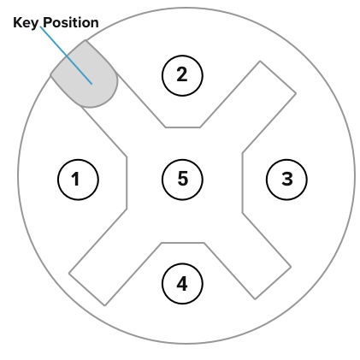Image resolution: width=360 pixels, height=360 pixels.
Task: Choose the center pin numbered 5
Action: coord(182,180)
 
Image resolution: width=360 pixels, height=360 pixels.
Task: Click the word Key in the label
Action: coord(26,23)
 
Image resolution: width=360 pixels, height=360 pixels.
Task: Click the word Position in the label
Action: coord(71,22)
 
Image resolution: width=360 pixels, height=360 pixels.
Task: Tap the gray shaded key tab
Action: coord(85,74)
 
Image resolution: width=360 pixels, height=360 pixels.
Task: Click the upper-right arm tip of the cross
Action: coord(278,77)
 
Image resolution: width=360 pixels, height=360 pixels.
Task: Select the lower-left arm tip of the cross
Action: coord(87,290)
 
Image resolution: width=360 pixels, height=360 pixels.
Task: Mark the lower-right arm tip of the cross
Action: coord(273,283)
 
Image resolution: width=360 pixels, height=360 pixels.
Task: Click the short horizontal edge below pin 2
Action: coord(183,127)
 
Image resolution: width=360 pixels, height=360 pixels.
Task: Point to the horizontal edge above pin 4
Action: coord(183,243)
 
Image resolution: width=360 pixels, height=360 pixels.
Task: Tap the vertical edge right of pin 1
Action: coord(127,183)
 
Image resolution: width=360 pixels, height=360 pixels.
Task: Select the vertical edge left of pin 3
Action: coord(242,183)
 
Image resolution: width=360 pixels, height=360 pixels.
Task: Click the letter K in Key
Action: coord(18,22)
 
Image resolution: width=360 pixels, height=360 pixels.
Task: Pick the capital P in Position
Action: coord(47,22)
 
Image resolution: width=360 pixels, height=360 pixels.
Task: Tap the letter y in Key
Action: coord(34,25)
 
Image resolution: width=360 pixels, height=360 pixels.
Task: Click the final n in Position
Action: coord(95,24)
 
